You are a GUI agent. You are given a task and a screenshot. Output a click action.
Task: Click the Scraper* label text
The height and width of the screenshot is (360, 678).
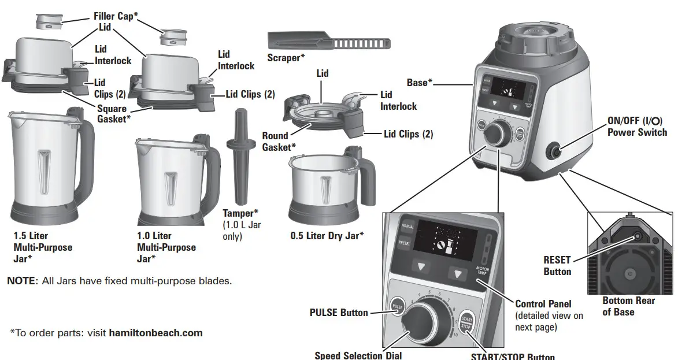click(x=286, y=58)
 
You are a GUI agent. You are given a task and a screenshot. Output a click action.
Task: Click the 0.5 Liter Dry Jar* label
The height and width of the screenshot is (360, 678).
click(x=327, y=236)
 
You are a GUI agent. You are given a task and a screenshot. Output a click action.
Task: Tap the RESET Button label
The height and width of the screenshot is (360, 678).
click(x=557, y=266)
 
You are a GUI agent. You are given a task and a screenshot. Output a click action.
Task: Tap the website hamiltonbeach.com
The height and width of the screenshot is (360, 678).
click(x=155, y=333)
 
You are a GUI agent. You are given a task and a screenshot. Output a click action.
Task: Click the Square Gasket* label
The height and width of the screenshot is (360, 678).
click(x=113, y=113)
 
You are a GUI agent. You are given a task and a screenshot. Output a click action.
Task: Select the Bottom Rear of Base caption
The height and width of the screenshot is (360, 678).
click(x=628, y=306)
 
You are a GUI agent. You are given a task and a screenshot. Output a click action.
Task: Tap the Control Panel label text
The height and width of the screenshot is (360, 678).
click(x=543, y=304)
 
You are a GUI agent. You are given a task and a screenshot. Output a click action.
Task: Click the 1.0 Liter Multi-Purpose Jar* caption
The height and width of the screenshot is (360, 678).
click(x=166, y=247)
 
